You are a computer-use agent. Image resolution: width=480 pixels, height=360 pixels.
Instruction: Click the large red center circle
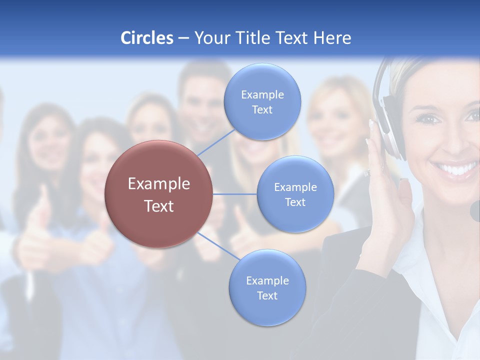(x=159, y=194)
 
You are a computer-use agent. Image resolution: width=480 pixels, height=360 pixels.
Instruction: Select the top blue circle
(x=262, y=101)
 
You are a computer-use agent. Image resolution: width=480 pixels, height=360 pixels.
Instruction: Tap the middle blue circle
(x=295, y=194)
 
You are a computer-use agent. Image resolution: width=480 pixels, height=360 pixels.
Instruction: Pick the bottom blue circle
(x=267, y=287)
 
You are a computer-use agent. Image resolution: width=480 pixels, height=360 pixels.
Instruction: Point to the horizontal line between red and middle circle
(x=234, y=194)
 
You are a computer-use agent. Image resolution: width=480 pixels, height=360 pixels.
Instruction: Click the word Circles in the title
(x=147, y=37)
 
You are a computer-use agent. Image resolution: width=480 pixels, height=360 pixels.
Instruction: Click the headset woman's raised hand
(x=395, y=200)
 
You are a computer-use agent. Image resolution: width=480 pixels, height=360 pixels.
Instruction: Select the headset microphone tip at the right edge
(x=475, y=210)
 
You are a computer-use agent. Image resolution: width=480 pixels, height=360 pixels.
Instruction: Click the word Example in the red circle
(x=159, y=183)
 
